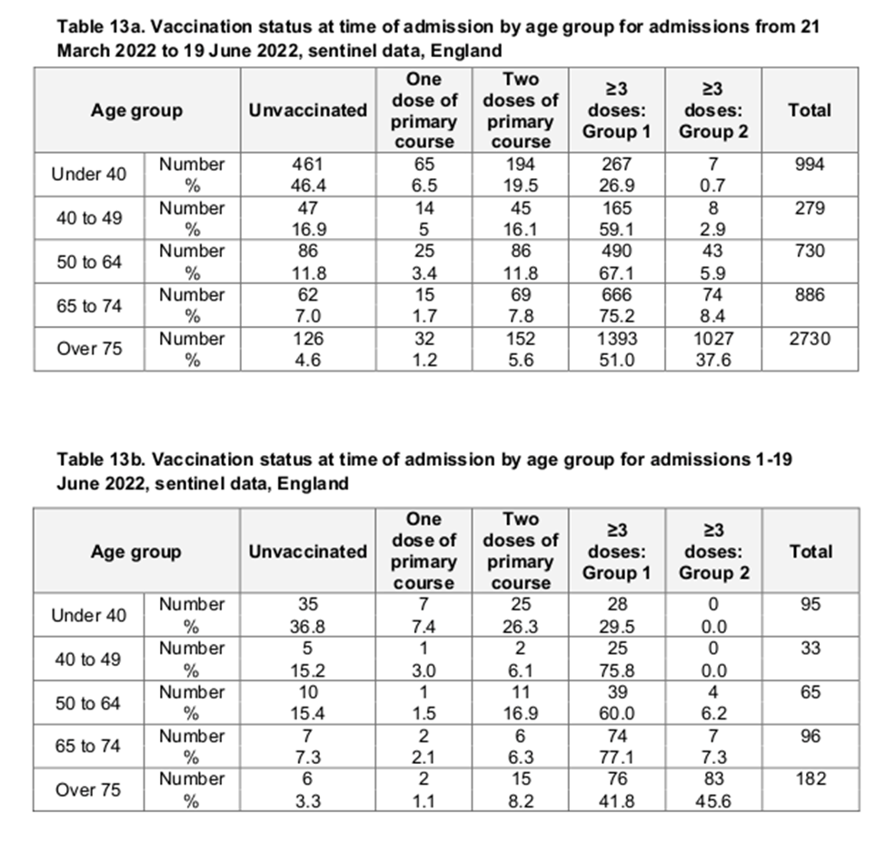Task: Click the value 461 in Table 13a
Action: tap(307, 164)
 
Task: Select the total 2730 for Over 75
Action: tap(808, 339)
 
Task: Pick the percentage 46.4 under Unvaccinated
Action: tap(307, 185)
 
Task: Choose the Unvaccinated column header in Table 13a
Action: tap(307, 111)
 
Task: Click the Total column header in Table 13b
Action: tap(810, 550)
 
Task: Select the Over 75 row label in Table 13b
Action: tap(88, 789)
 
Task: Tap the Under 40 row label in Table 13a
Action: tap(89, 174)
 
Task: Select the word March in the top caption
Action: tap(85, 48)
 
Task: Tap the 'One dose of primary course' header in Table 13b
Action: tap(423, 550)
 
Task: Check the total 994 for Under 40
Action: tap(808, 164)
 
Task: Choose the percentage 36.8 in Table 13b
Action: tap(307, 626)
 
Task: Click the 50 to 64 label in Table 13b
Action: tap(88, 702)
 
